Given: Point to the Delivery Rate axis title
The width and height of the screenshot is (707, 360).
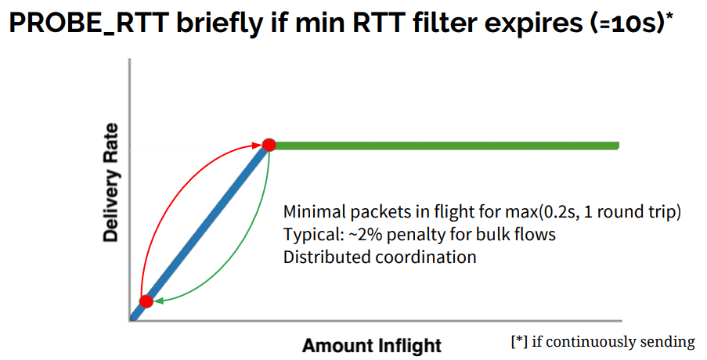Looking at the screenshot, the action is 110,182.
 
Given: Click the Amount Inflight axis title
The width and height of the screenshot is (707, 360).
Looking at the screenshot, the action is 372,346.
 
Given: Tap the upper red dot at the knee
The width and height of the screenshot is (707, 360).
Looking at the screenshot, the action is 269,145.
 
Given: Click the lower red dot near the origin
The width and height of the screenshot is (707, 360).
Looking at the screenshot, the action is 146,301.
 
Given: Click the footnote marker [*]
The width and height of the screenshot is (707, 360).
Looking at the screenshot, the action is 519,342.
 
